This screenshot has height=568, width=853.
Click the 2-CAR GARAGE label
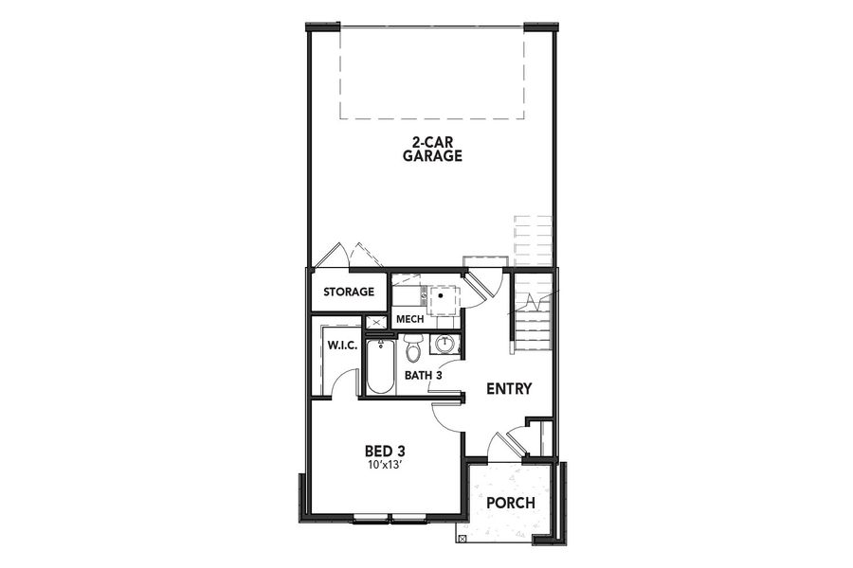(437, 150)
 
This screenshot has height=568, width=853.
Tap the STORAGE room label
(349, 292)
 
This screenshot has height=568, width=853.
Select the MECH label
(409, 319)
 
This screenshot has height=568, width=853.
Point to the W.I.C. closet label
(342, 345)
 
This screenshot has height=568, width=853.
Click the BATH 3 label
(424, 375)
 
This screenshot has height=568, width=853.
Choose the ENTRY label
(509, 389)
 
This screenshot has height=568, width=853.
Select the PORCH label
(511, 503)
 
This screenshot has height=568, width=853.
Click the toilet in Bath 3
(413, 350)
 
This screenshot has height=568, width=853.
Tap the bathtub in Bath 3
(379, 368)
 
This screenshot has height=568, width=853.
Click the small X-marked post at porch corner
(462, 538)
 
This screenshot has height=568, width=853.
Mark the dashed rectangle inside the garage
(432, 72)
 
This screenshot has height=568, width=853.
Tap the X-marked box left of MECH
(377, 322)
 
